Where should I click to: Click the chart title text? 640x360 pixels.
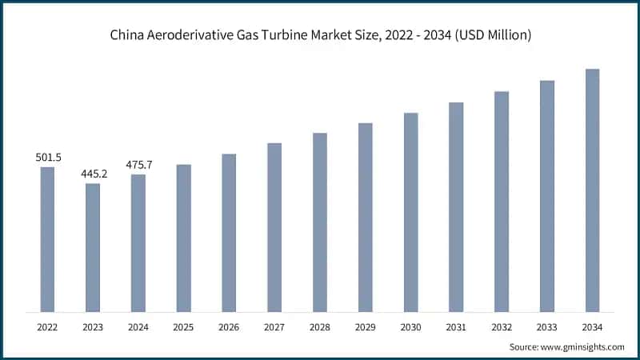pos(320,35)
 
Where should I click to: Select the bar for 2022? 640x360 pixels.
pos(47,239)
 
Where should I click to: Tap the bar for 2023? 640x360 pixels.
pos(93,247)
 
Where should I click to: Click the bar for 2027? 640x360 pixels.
pos(274,227)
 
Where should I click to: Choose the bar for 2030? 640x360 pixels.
pos(410,212)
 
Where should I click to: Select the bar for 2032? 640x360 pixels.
pos(502,201)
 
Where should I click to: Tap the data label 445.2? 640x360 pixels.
pos(93,174)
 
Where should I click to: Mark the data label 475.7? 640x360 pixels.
pos(138,165)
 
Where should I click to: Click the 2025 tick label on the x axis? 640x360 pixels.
pos(184,326)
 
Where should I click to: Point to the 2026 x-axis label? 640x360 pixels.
pos(229,326)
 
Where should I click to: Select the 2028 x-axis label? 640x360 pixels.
pos(320,326)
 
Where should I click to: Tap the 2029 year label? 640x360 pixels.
pos(365,326)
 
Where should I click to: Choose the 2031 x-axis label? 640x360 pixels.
pos(456,326)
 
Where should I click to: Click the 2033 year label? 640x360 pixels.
pos(547,326)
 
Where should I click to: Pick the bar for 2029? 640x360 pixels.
pos(365,217)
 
